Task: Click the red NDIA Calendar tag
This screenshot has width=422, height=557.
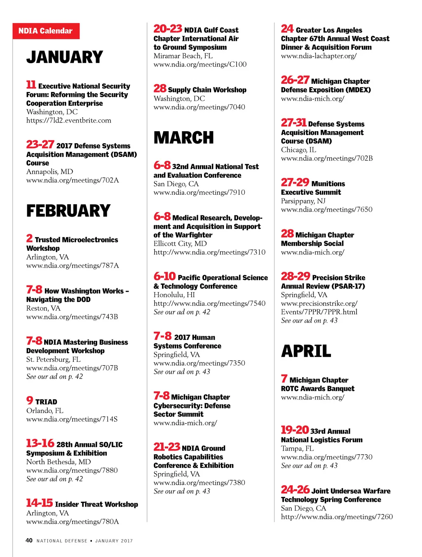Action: (46, 31)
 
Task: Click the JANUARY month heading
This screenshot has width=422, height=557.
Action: (65, 57)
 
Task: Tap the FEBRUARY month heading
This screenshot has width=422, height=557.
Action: (68, 211)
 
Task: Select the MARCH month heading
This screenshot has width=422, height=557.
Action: (184, 138)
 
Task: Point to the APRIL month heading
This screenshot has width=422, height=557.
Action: (306, 352)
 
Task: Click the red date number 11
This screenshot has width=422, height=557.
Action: (31, 85)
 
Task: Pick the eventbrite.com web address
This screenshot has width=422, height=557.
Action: (69, 120)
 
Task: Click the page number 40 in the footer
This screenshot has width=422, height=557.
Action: (29, 540)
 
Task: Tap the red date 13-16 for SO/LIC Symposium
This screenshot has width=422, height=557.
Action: (40, 444)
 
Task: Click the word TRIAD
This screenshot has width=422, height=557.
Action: (46, 402)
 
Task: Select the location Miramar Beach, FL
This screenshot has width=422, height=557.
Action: (183, 56)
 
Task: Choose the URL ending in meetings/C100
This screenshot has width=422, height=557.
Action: (200, 64)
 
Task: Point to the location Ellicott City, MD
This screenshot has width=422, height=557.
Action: (180, 243)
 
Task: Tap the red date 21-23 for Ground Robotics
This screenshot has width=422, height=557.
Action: (167, 447)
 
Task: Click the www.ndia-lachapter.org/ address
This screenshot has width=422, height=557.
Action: (319, 56)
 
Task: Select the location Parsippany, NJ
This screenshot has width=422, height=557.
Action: (303, 201)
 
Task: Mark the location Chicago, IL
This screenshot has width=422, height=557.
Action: (299, 150)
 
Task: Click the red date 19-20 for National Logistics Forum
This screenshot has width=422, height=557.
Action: (295, 430)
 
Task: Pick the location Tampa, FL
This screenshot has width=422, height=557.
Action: (298, 448)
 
